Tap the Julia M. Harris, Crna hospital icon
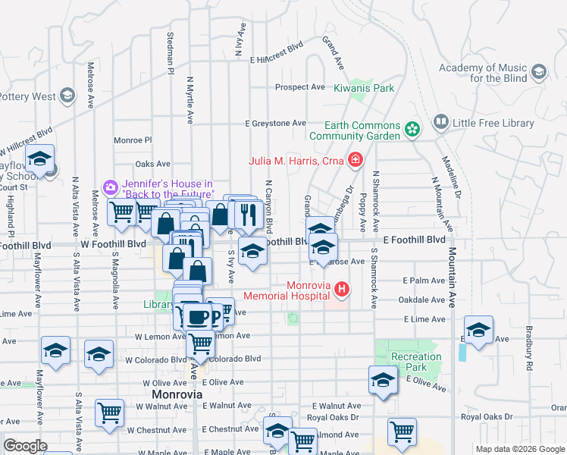[x=354, y=159]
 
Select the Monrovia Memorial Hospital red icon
[x=342, y=289]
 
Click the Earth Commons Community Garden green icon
[x=412, y=130]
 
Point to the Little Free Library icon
[x=440, y=122]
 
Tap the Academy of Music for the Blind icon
[x=539, y=73]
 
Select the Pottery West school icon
[x=67, y=95]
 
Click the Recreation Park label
[x=415, y=362]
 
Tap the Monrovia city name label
[x=177, y=395]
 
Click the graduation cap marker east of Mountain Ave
[x=478, y=330]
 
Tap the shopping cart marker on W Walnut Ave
[x=110, y=413]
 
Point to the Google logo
[x=25, y=446]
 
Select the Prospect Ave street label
[x=299, y=87]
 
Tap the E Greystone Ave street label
[x=275, y=123]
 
